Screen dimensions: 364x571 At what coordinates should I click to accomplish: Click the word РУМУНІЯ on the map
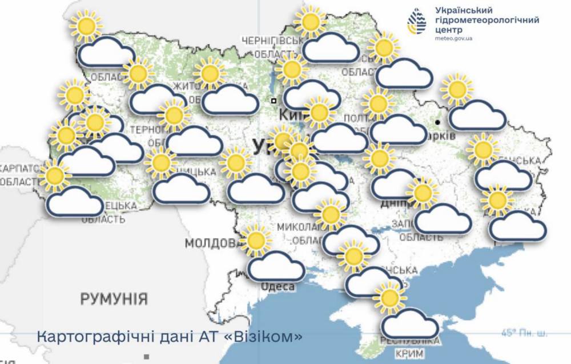tap(114, 298)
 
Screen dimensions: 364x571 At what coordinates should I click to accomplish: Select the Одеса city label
tap(278, 287)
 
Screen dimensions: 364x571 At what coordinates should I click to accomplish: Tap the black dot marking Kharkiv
tap(437, 122)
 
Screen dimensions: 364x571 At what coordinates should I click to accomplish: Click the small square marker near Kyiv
tap(274, 101)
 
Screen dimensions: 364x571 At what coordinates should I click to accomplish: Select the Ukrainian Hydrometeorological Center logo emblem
tap(417, 21)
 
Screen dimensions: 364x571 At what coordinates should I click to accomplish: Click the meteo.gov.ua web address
tap(453, 38)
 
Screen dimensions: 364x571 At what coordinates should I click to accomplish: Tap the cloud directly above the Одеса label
tap(276, 266)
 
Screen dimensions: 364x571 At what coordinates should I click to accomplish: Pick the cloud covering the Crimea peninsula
tap(410, 323)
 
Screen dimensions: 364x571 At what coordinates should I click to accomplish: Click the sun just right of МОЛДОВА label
tap(255, 241)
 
